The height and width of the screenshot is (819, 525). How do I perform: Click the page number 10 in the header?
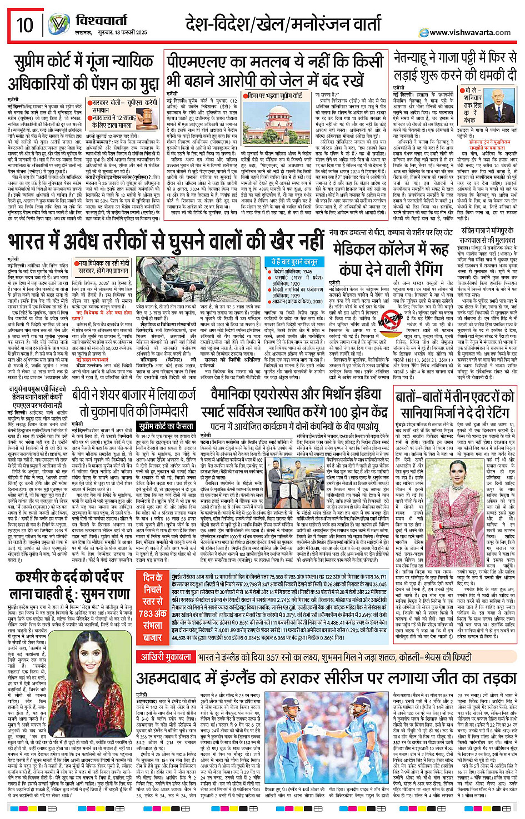[x=24, y=25]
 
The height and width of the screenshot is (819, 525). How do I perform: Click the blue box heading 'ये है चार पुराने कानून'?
[x=294, y=262]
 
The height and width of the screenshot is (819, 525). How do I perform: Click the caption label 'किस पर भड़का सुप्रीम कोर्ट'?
[x=275, y=96]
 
